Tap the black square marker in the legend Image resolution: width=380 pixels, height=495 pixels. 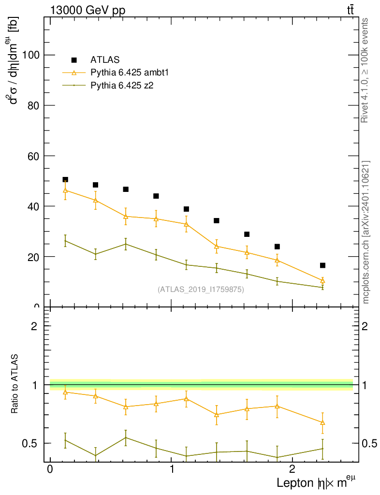pyautogui.click(x=74, y=60)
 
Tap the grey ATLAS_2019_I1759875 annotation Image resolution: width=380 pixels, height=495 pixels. pyautogui.click(x=201, y=290)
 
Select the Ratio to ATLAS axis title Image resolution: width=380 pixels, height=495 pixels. pyautogui.click(x=15, y=384)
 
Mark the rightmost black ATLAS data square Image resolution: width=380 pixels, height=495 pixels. pyautogui.click(x=322, y=265)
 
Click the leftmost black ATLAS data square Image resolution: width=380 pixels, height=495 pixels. pyautogui.click(x=65, y=179)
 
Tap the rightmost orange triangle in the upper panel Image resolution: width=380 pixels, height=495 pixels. pyautogui.click(x=322, y=281)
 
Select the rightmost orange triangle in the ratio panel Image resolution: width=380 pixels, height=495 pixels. pyautogui.click(x=322, y=423)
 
